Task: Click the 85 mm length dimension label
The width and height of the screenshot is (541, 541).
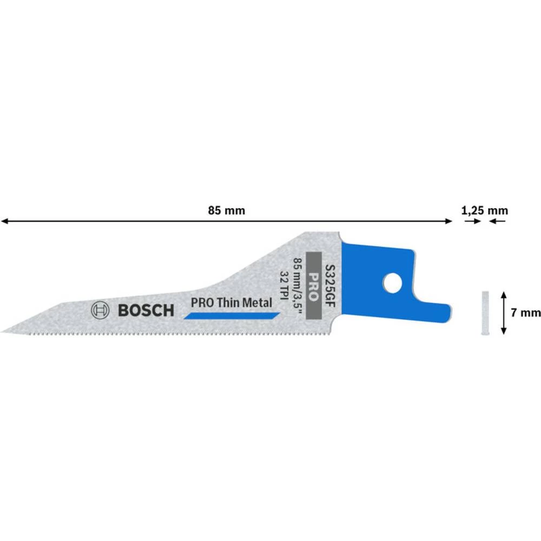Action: [226, 211]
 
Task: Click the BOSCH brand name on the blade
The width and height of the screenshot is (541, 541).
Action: [146, 311]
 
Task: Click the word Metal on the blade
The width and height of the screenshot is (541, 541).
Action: [255, 303]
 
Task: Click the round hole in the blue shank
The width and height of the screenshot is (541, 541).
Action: [391, 281]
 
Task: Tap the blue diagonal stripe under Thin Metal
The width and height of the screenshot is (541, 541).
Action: [232, 316]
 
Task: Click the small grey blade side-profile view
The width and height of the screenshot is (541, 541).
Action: [484, 313]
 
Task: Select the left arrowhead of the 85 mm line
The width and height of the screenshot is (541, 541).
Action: [4, 221]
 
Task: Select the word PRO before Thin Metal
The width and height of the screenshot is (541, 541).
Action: [201, 303]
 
